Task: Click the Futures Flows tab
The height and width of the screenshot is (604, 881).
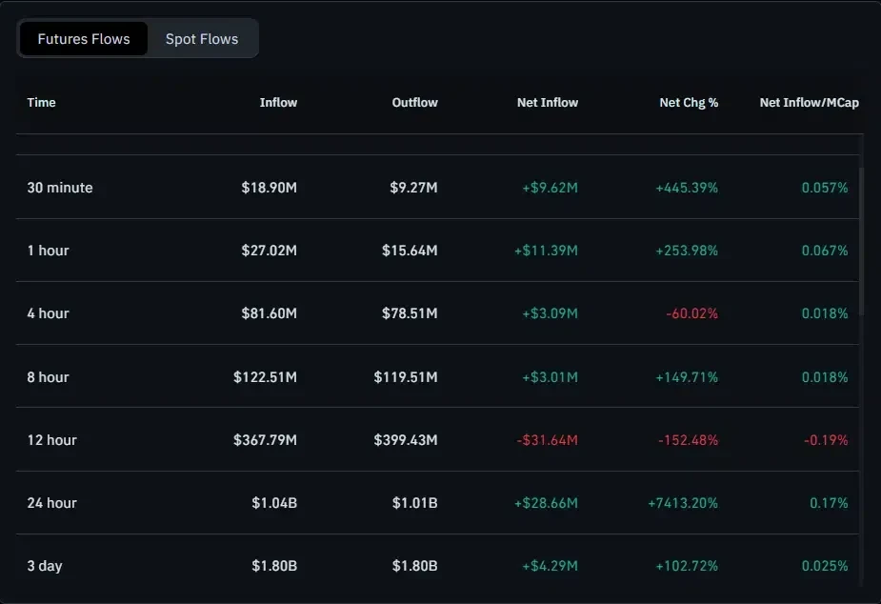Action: [84, 39]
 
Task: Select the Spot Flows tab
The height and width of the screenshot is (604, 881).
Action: [202, 39]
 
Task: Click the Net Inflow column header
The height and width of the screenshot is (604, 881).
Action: [548, 102]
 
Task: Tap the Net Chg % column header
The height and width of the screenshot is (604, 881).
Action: [689, 102]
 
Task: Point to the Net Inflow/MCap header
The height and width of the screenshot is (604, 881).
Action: [809, 102]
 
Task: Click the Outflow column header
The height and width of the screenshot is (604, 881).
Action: [414, 102]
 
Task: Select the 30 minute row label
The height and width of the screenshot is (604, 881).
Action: [60, 188]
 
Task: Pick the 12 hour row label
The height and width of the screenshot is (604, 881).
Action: [52, 440]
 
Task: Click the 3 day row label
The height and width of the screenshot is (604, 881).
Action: [45, 566]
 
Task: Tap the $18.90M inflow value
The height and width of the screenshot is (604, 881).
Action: [269, 188]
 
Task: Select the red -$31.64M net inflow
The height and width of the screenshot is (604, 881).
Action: [547, 440]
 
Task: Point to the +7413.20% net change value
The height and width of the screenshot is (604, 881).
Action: [682, 503]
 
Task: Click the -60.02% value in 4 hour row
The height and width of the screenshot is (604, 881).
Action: [689, 313]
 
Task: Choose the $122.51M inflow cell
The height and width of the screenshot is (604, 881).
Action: [265, 377]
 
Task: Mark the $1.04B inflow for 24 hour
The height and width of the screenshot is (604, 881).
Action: [274, 503]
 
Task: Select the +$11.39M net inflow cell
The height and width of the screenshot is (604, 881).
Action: [546, 251]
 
